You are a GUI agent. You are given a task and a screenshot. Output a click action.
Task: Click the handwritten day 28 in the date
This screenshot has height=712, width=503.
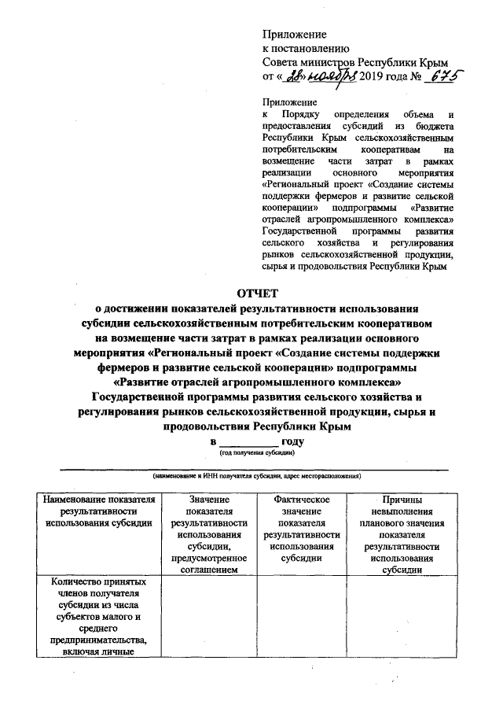295,76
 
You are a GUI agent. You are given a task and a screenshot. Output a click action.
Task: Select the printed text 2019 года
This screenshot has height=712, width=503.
383,76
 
